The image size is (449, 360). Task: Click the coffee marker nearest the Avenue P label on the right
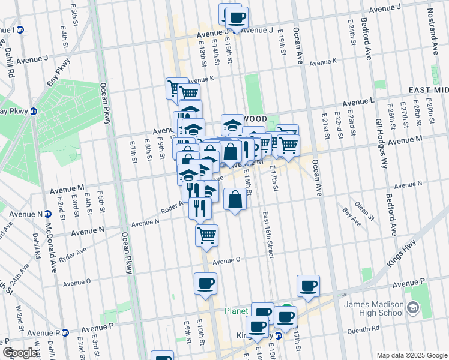pyautogui.click(x=308, y=286)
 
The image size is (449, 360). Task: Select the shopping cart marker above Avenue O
pyautogui.click(x=206, y=235)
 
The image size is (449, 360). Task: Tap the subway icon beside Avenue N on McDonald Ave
pyautogui.click(x=48, y=214)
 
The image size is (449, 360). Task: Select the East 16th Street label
pyautogui.click(x=268, y=235)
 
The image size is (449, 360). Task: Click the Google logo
pyautogui.click(x=20, y=353)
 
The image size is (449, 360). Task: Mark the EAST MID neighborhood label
pyautogui.click(x=428, y=89)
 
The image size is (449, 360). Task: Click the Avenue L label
pyautogui.click(x=359, y=101)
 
